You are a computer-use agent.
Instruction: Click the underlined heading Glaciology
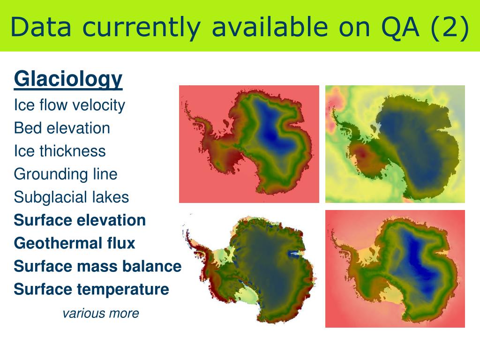(68, 80)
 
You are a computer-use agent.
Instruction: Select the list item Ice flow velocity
(69, 105)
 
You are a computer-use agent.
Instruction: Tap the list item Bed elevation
(62, 128)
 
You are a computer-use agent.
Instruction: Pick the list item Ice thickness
(60, 151)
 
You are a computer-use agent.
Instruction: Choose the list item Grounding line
(66, 174)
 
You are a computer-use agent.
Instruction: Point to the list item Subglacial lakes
(71, 197)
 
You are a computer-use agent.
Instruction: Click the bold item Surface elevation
(80, 220)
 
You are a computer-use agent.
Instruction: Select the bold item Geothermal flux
(75, 243)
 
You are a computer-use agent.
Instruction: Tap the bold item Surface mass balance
(97, 266)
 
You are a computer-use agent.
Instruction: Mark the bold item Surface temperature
(91, 289)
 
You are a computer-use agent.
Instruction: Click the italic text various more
(101, 313)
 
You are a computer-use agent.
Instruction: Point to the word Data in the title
(41, 27)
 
